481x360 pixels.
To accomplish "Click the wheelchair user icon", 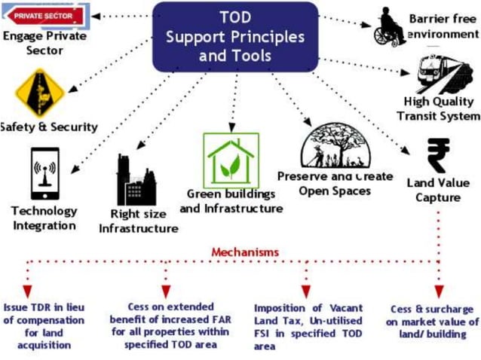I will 391,27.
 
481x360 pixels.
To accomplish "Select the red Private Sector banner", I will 44,14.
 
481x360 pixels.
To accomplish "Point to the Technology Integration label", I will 44,218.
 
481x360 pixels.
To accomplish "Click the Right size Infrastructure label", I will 139,221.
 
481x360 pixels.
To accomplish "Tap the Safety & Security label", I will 49,127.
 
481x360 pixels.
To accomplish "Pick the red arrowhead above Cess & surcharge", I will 439,290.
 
